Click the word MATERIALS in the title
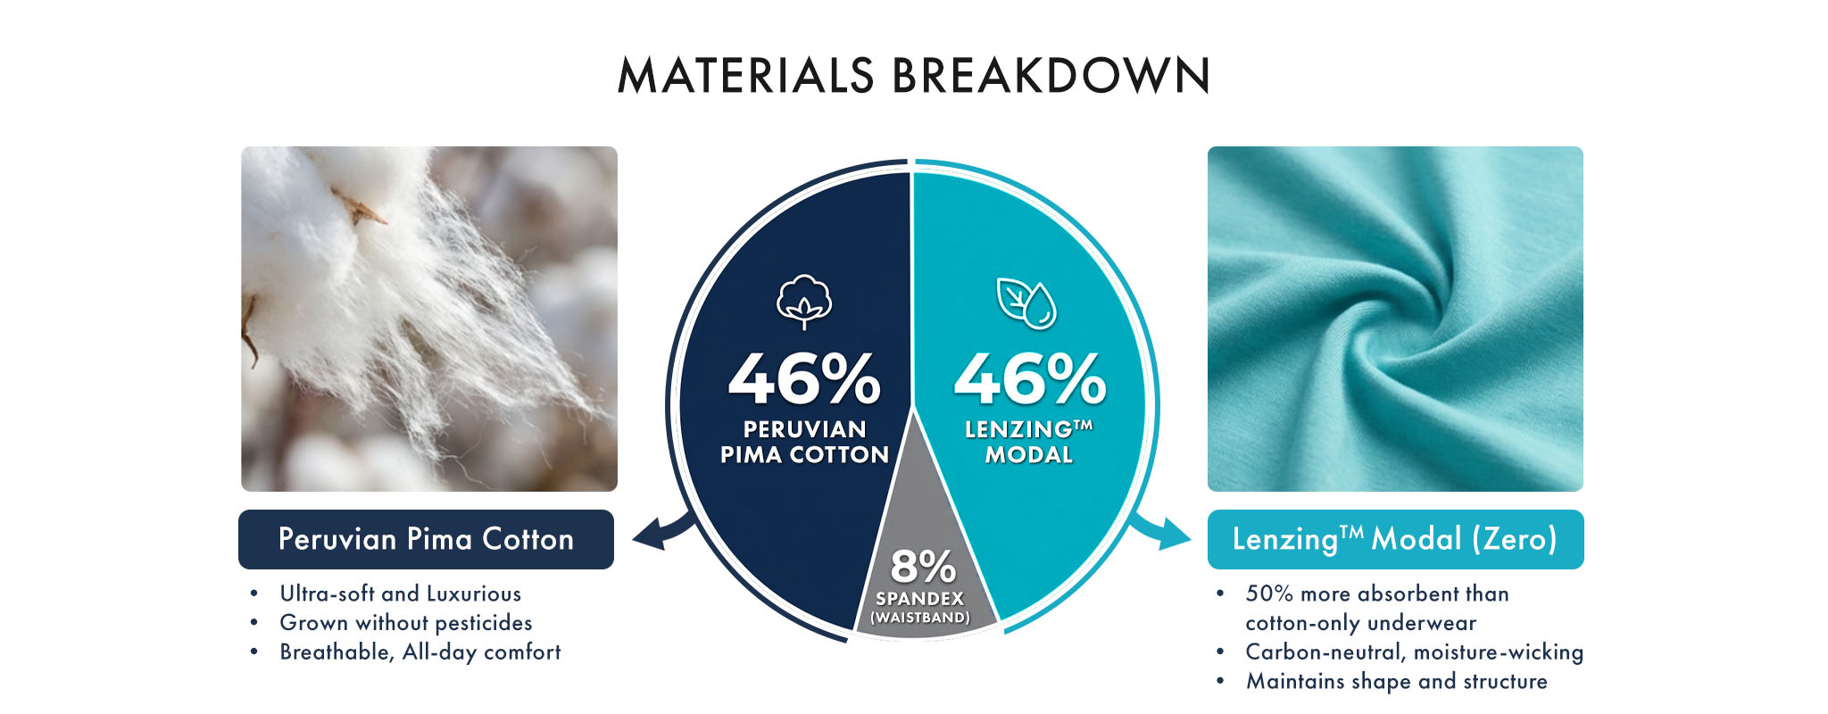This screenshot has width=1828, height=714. pyautogui.click(x=746, y=75)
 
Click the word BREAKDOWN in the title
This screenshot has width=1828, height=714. pyautogui.click(x=1051, y=75)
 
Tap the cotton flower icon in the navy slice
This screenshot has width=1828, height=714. pyautogui.click(x=804, y=302)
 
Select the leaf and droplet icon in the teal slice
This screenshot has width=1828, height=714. pyautogui.click(x=1026, y=303)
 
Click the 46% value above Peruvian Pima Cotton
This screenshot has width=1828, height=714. pyautogui.click(x=804, y=378)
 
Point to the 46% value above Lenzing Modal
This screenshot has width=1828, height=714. pyautogui.click(x=1030, y=378)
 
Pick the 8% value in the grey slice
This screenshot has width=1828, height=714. pyautogui.click(x=923, y=566)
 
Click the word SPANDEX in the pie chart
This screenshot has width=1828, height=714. pyautogui.click(x=920, y=599)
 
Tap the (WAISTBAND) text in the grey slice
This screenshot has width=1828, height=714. pyautogui.click(x=920, y=618)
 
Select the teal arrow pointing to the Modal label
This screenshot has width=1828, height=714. pyautogui.click(x=1160, y=532)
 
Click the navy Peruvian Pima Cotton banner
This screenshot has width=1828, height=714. pyautogui.click(x=426, y=539)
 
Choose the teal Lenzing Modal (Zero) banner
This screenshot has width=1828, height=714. pyautogui.click(x=1395, y=539)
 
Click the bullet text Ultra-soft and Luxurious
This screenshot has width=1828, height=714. pyautogui.click(x=400, y=594)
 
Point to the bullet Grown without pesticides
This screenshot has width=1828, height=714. pyautogui.click(x=405, y=623)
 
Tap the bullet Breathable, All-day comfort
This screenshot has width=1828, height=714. pyautogui.click(x=420, y=652)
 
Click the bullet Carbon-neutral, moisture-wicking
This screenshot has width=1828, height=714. pyautogui.click(x=1414, y=652)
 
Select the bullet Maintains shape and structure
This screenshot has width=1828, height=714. pyautogui.click(x=1396, y=682)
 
